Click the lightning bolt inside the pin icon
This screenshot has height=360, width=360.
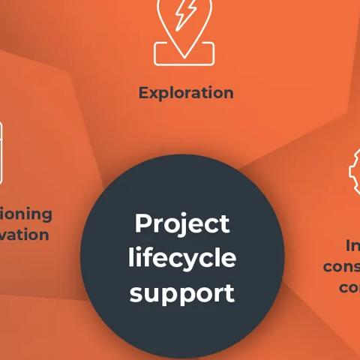pos(185,14)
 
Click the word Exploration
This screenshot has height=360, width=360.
pos(186,93)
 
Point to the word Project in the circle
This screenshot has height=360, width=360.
pos(181,223)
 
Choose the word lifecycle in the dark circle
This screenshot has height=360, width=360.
pos(181,259)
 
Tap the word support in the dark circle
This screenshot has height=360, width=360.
pos(181,293)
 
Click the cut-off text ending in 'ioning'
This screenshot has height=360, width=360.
pos(26,214)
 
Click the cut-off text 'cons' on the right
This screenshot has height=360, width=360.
pos(342,267)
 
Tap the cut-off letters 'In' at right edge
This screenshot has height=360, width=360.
pos(352,246)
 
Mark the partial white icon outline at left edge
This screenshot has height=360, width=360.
pos(1,154)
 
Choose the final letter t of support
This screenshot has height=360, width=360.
pos(229,292)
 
